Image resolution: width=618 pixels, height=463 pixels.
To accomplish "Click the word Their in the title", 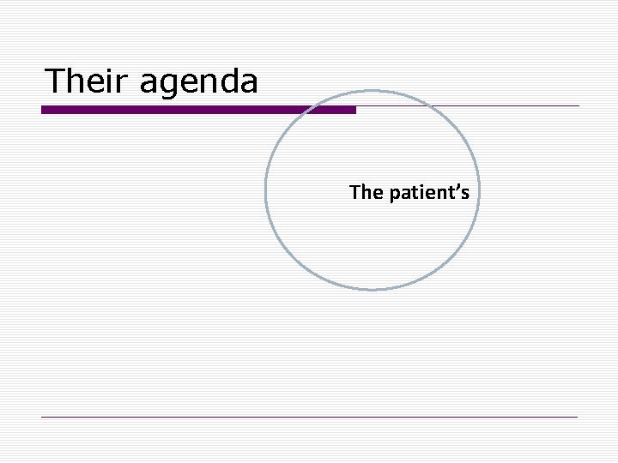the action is tap(86, 81).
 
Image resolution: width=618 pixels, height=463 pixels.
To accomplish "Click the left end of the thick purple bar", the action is tap(43, 110).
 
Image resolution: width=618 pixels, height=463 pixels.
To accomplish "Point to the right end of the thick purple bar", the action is tap(354, 110).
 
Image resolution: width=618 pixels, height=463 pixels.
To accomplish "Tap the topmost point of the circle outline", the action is tap(372, 89).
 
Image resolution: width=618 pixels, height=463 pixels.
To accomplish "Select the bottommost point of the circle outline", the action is tap(372, 289).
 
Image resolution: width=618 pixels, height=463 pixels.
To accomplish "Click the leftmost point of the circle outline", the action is tap(266, 189).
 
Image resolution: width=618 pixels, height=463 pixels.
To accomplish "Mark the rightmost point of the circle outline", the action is tap(477, 189).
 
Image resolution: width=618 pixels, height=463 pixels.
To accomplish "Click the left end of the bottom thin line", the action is tap(42, 417).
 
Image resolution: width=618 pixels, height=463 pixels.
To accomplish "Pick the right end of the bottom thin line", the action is tap(579, 417).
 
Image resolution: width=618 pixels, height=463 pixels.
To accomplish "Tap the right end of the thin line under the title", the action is tap(579, 106).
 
